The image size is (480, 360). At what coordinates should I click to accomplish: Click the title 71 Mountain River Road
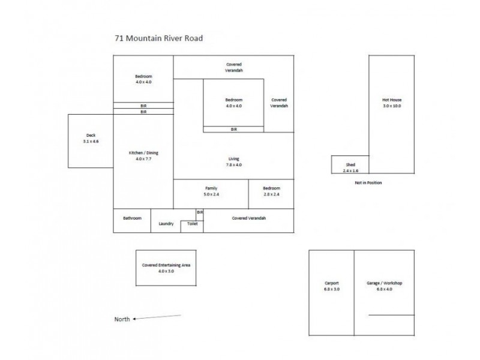coord(159,38)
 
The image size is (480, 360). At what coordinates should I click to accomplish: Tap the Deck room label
coord(91,136)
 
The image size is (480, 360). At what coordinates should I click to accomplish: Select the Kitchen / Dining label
coord(143,153)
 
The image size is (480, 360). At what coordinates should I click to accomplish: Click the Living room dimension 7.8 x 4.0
coord(233,165)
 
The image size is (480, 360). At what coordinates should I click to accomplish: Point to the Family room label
coord(211,188)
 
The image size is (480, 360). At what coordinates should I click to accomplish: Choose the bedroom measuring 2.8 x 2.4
coord(271,191)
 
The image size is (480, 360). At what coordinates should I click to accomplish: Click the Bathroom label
coord(132,218)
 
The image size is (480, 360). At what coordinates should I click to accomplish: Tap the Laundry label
coord(166,224)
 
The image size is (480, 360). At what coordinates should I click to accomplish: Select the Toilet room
coord(192,224)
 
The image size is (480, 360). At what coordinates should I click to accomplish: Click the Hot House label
coord(391,100)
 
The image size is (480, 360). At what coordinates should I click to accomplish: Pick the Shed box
coord(350,167)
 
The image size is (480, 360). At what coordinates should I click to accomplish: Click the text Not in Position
coord(368,182)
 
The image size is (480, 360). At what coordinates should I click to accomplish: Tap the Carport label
coord(331,283)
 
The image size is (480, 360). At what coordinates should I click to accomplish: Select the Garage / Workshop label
coord(384,283)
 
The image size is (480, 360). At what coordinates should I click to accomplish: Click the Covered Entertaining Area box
coord(166,268)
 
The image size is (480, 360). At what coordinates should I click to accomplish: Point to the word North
coord(122,319)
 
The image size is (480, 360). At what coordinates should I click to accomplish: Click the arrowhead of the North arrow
coord(135,319)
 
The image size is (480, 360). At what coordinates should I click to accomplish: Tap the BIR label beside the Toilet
coord(200,212)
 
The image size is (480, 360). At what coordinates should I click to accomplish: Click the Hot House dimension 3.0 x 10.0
coord(391,106)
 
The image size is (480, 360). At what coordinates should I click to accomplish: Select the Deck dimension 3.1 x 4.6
coord(91,141)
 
